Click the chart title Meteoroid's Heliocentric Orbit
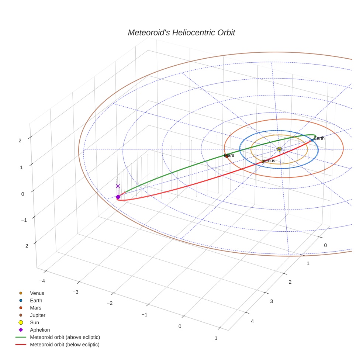pyautogui.click(x=181, y=33)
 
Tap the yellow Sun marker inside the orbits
pyautogui.click(x=279, y=149)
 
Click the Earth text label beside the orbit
pyautogui.click(x=319, y=138)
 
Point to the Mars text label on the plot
pyautogui.click(x=229, y=155)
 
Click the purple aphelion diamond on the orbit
pyautogui.click(x=118, y=197)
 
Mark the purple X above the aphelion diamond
pyautogui.click(x=118, y=186)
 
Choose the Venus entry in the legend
pyautogui.click(x=37, y=293)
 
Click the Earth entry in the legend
pyautogui.click(x=36, y=300)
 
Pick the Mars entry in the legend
pyautogui.click(x=35, y=308)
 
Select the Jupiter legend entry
pyautogui.click(x=38, y=315)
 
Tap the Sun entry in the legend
pyautogui.click(x=34, y=322)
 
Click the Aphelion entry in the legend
pyautogui.click(x=40, y=330)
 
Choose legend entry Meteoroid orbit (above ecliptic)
pyautogui.click(x=65, y=337)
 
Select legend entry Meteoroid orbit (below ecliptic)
pyautogui.click(x=65, y=345)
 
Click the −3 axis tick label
pyautogui.click(x=76, y=292)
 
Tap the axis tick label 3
pyautogui.click(x=271, y=301)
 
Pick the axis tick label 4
pyautogui.click(x=252, y=321)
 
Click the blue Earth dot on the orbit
pyautogui.click(x=312, y=140)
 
